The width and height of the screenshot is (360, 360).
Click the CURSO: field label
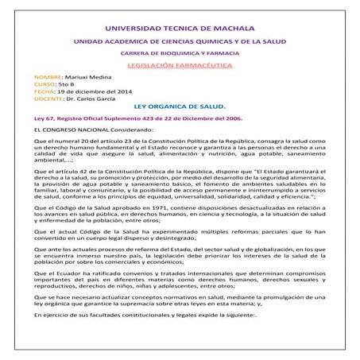pyautogui.click(x=36, y=88)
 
